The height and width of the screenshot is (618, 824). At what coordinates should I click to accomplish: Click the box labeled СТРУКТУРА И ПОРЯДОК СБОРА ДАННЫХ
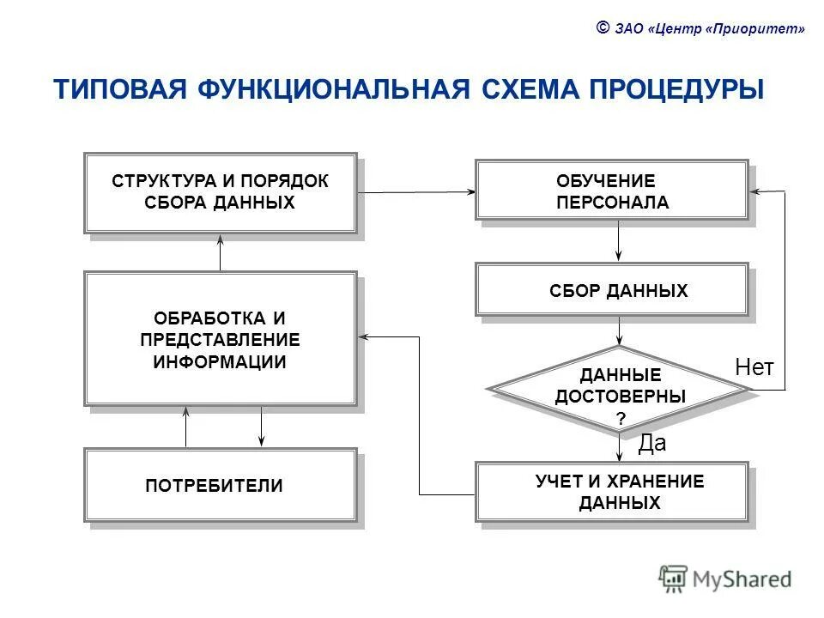point(220,192)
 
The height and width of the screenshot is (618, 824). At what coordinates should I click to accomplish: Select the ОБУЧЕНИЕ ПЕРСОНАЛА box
point(612,191)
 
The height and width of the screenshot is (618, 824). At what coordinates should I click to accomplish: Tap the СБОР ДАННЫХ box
point(612,290)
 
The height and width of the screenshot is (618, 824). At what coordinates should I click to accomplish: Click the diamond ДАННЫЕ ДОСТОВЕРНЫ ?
point(619,388)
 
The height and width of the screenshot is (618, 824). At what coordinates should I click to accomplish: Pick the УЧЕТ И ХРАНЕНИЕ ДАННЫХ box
point(612,492)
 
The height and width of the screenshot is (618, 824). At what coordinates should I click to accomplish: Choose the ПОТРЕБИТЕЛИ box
point(220,485)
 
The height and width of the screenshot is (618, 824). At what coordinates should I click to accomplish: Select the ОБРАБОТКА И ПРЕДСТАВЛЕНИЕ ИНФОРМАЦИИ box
point(220,338)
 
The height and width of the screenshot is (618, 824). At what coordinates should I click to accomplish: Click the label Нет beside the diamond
point(754,368)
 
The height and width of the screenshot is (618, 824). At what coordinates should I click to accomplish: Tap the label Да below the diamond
point(652,443)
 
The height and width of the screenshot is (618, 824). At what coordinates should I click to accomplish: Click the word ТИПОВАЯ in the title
point(120,90)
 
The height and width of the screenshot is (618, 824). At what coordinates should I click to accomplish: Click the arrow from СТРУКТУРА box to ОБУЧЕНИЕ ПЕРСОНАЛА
point(416,192)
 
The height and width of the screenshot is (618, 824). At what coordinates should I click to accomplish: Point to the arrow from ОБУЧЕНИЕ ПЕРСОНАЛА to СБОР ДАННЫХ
point(619,241)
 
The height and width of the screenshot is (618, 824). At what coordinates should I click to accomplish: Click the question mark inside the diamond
point(620,418)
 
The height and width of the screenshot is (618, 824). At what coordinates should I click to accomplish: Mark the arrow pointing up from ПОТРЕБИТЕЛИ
point(186,427)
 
